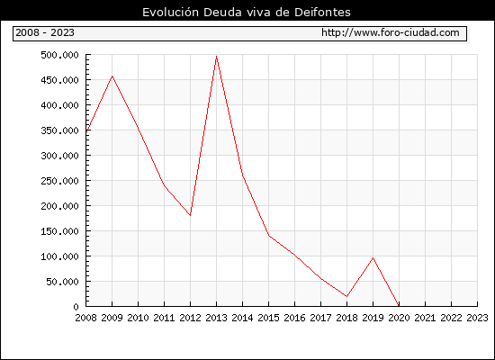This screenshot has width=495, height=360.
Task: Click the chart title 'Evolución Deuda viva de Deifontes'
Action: [247, 13]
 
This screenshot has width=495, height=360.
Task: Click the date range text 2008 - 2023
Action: [45, 32]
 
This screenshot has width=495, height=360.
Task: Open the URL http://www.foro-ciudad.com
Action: [391, 32]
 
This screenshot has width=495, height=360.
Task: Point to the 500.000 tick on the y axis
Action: [59, 55]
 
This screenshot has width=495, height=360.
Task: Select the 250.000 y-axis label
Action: [59, 181]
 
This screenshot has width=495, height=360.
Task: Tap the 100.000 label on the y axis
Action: [59, 256]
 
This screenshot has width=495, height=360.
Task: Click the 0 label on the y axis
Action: [76, 307]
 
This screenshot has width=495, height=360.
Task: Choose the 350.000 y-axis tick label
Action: [59, 130]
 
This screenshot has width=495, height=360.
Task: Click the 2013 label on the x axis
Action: [216, 318]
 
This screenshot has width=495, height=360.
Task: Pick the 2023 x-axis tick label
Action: [477, 318]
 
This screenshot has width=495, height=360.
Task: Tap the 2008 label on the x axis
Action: [85, 318]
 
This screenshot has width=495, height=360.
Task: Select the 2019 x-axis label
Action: [373, 318]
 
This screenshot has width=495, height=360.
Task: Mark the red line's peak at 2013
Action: [216, 57]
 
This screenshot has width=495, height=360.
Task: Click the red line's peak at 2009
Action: [112, 76]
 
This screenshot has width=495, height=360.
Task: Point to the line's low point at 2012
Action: [190, 215]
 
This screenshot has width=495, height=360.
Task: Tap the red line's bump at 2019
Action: [373, 257]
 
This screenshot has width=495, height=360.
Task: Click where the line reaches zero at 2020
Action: [399, 306]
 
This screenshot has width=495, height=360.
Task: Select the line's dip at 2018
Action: [346, 296]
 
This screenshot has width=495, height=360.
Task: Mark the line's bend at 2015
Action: [269, 235]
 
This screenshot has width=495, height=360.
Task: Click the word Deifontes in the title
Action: [322, 13]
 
